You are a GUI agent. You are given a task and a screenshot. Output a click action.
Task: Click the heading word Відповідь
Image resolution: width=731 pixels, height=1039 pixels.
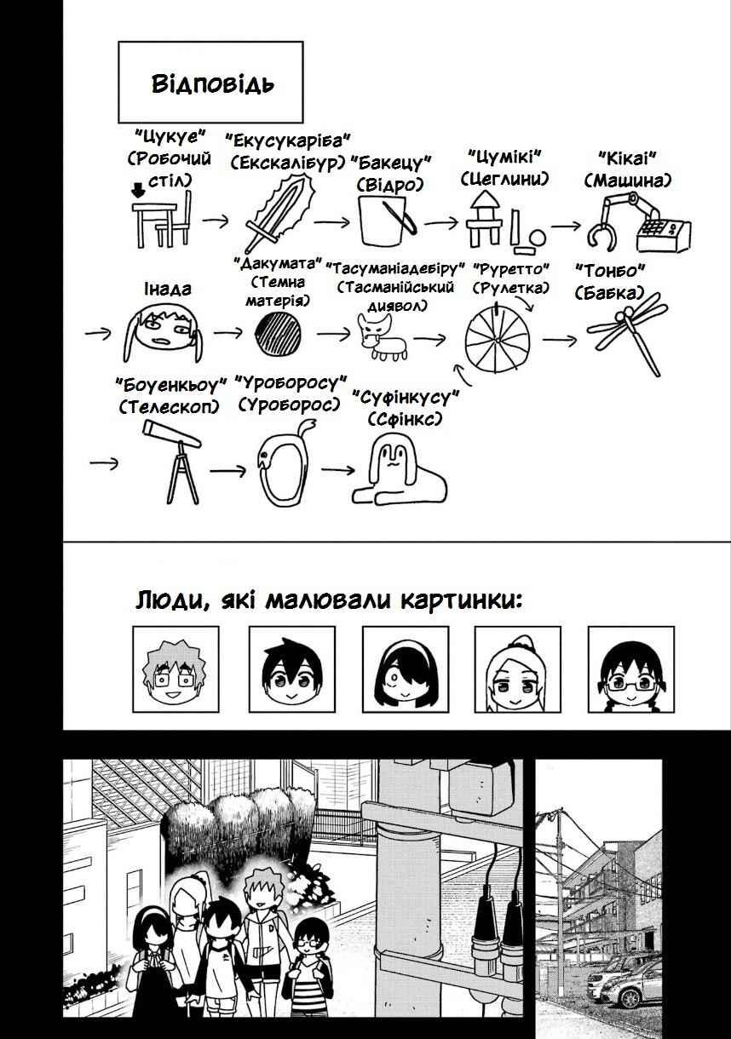tap(213, 84)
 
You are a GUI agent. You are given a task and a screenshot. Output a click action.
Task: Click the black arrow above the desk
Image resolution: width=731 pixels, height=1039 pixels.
tap(138, 190)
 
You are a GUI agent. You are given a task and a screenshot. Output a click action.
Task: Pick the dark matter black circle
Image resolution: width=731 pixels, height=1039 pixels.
tap(279, 334)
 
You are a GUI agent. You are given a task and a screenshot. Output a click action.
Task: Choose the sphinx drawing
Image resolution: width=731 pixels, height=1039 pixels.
tap(400, 469)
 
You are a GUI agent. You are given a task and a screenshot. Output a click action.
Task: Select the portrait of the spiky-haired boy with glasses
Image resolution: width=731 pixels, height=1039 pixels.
tap(176, 669)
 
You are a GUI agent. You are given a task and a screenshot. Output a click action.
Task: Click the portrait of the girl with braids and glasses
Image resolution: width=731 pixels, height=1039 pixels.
tap(630, 669)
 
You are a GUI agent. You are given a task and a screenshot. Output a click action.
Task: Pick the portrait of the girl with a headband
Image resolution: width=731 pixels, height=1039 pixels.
tap(406, 669)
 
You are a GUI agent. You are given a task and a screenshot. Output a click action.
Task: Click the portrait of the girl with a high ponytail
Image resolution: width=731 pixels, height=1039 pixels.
tap(517, 669)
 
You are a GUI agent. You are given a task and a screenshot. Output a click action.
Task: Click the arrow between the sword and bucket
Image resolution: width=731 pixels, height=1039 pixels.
tap(331, 223)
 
